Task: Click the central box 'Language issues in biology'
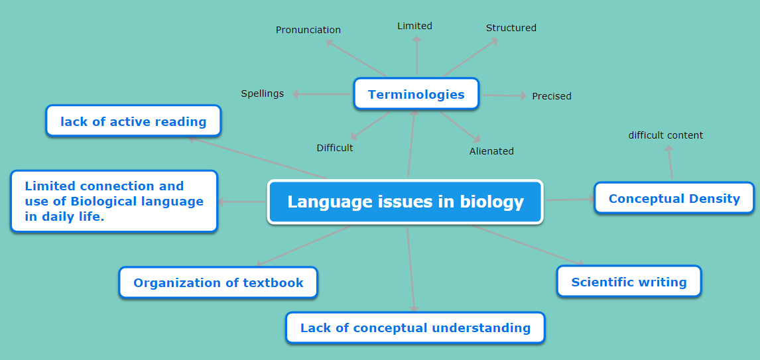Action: pos(405,202)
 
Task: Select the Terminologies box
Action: pos(416,94)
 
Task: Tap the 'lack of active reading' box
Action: pos(133,121)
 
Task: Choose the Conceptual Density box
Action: pos(674,198)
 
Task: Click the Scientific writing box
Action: pos(629,282)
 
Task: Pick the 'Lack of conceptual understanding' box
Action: pos(415,328)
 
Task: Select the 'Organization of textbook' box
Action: pos(218,282)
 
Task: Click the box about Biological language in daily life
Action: pos(114,201)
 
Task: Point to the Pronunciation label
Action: pos(308,30)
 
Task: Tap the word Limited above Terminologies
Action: pos(415,26)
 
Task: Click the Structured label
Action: pos(511,28)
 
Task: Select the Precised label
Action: pos(552,96)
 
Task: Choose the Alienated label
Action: pos(491,151)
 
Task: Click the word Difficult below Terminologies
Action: pos(335,148)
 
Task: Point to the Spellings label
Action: pos(262,93)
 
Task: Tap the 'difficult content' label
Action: pos(665,135)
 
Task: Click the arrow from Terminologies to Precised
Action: pos(503,95)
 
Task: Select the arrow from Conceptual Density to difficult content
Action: pos(670,163)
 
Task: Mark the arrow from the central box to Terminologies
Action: pos(412,143)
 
